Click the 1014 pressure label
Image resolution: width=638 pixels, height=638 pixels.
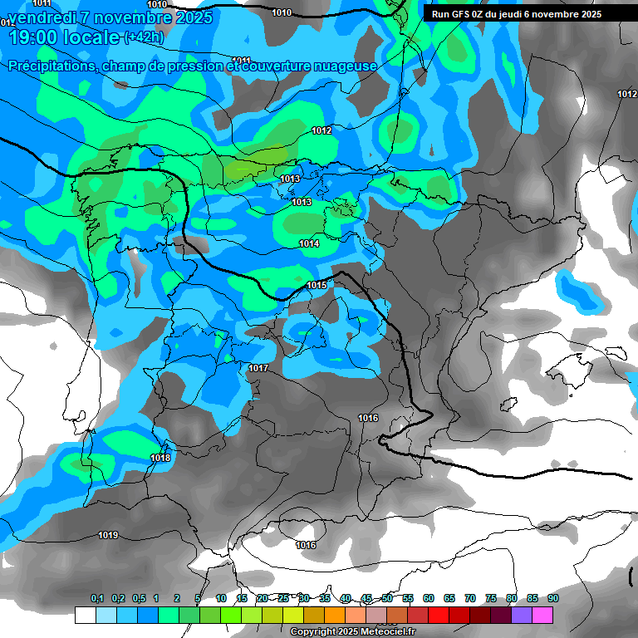(x=310, y=243)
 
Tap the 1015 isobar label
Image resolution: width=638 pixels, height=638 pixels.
(x=317, y=285)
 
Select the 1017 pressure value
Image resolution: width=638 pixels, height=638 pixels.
(x=258, y=368)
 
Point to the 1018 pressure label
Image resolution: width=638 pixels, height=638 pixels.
(x=160, y=458)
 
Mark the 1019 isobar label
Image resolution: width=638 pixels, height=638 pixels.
(x=108, y=535)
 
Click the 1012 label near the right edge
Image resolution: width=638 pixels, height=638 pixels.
(x=627, y=94)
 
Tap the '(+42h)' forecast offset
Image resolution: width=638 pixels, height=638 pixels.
(x=144, y=37)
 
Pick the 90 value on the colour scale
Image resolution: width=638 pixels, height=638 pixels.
(x=552, y=598)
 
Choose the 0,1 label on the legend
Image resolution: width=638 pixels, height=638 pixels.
(x=97, y=598)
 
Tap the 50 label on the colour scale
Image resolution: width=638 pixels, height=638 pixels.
(x=387, y=598)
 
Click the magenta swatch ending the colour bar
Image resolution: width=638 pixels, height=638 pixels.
(x=542, y=615)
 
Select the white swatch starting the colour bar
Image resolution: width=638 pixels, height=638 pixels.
(x=85, y=615)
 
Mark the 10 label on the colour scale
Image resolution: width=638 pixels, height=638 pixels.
(x=221, y=598)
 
